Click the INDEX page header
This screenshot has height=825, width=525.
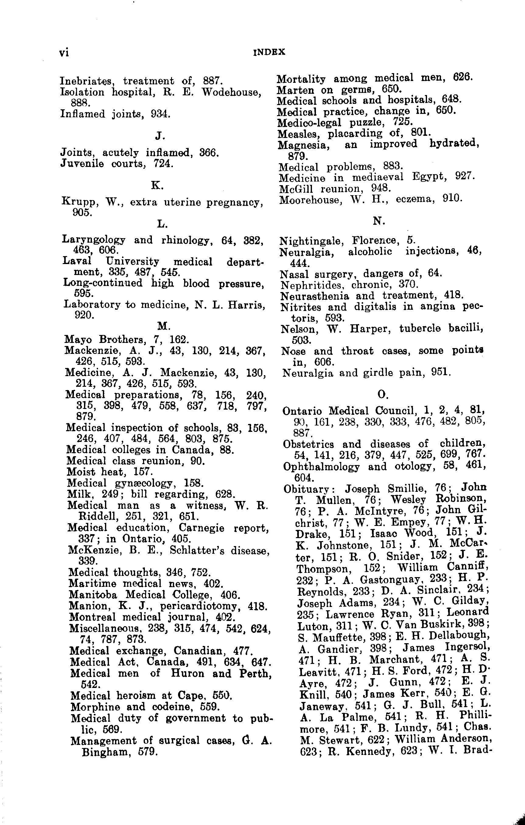(269, 52)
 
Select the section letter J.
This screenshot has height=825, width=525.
(159, 136)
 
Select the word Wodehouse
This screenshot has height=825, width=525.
(229, 92)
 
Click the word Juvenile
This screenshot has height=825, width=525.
(82, 164)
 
